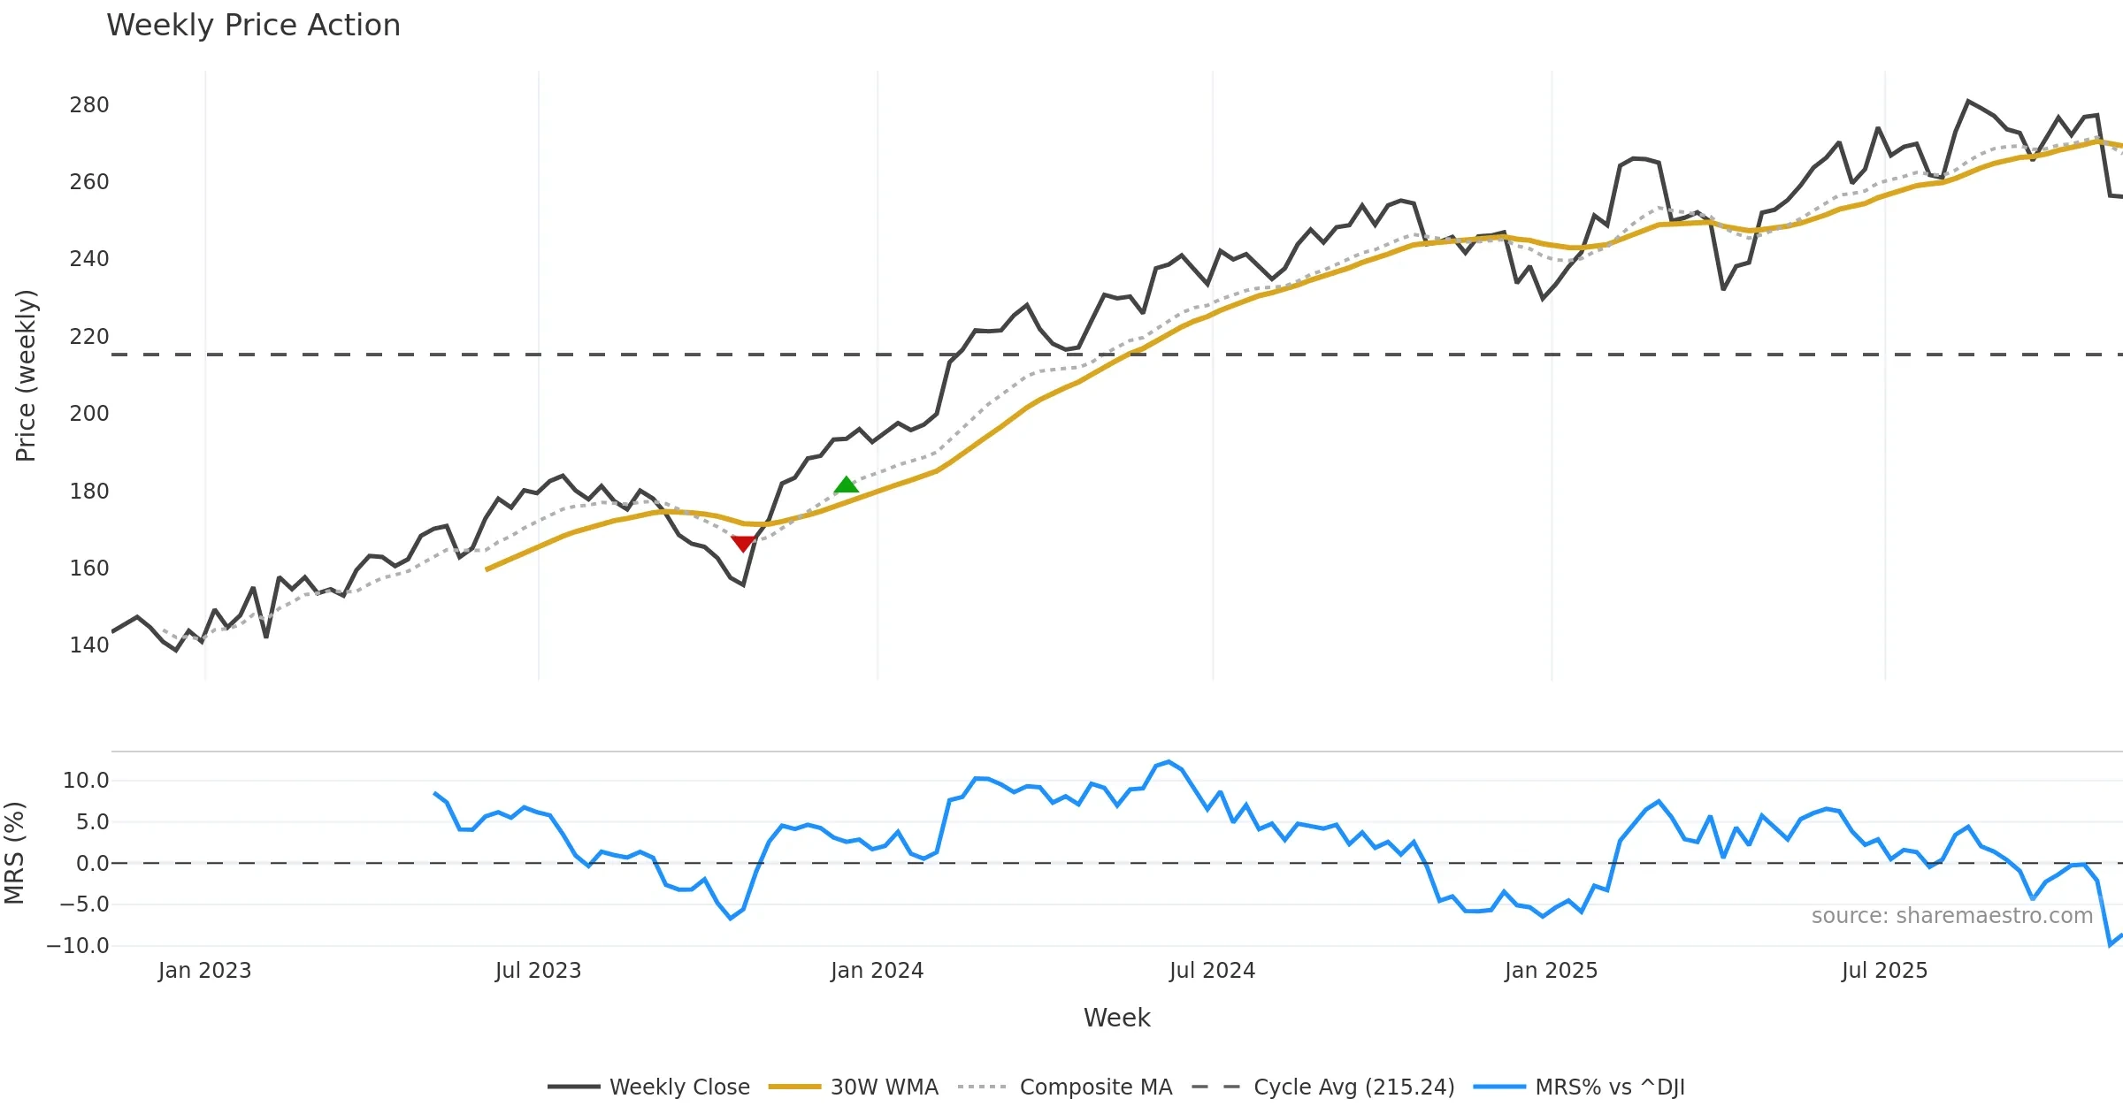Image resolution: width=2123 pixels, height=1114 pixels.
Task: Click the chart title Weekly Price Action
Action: [x=253, y=26]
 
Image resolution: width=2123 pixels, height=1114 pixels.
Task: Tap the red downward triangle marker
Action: [x=743, y=543]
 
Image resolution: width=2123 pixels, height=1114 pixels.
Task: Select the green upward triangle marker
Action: [x=847, y=485]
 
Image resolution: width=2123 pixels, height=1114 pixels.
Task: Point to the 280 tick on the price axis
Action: [x=89, y=105]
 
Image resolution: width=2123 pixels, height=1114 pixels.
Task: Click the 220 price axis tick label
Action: [x=89, y=337]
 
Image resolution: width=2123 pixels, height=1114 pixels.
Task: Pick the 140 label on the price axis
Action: [x=89, y=645]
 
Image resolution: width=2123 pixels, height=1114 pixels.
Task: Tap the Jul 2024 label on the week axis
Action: [x=1212, y=971]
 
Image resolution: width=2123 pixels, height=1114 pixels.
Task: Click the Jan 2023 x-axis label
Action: [x=204, y=971]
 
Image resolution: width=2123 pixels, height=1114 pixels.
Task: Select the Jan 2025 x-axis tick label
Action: [x=1551, y=971]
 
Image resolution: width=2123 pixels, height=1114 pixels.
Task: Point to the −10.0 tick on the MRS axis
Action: [x=78, y=946]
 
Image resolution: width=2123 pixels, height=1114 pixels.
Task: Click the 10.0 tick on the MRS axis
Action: [x=86, y=781]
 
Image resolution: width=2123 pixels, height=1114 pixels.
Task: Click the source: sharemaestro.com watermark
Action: [x=1951, y=916]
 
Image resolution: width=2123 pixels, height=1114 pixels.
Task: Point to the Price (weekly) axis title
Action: [x=26, y=376]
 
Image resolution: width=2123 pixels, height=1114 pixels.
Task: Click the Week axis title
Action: [x=1116, y=1019]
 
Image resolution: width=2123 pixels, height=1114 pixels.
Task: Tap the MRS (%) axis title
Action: [x=14, y=853]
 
